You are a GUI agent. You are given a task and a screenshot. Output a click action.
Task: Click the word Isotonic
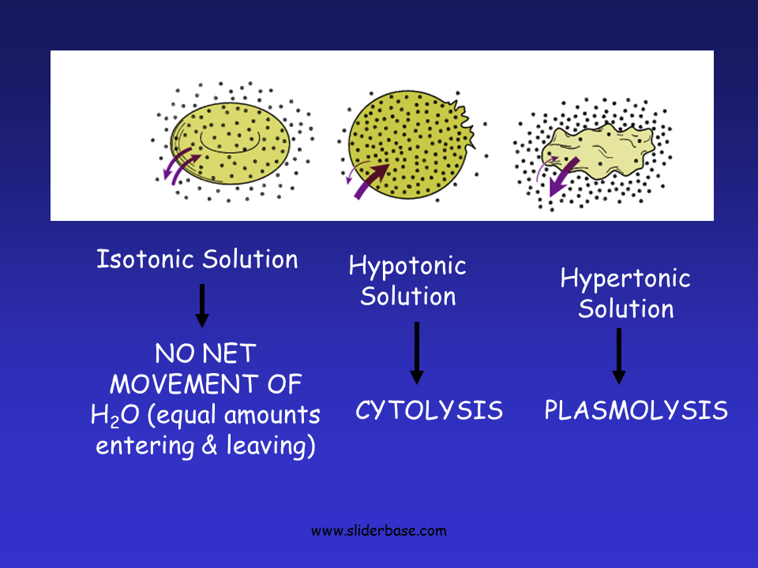tap(146, 259)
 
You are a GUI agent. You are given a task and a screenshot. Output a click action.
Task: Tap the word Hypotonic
tap(407, 267)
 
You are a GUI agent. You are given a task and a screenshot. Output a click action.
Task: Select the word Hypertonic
tap(625, 278)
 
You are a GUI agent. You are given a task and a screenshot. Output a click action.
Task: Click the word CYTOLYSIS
tap(429, 410)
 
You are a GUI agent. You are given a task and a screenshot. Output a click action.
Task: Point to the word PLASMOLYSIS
tap(636, 410)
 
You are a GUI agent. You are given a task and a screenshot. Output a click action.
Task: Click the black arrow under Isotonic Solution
tap(202, 305)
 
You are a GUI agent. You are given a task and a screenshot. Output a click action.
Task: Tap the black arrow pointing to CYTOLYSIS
tap(417, 353)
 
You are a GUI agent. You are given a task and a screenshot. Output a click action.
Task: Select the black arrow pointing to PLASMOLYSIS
tap(619, 356)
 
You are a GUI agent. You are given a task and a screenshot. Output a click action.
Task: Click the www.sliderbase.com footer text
tap(379, 531)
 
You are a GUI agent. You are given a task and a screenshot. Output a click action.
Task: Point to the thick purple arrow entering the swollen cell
tap(371, 180)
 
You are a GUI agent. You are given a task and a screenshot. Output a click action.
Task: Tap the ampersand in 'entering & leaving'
tap(208, 447)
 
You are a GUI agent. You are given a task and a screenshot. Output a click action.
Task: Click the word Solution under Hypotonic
tap(408, 297)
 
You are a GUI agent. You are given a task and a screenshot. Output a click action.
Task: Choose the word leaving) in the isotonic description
tap(272, 447)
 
